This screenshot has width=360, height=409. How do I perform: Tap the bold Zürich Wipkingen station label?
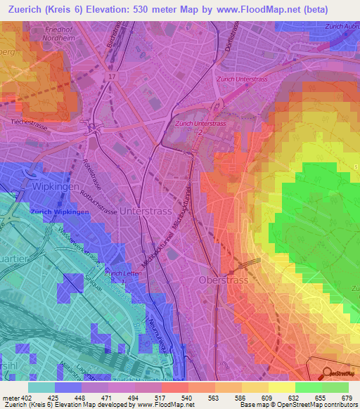59,212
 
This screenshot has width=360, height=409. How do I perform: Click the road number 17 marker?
111,75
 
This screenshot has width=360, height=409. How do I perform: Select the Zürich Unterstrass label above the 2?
200,123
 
